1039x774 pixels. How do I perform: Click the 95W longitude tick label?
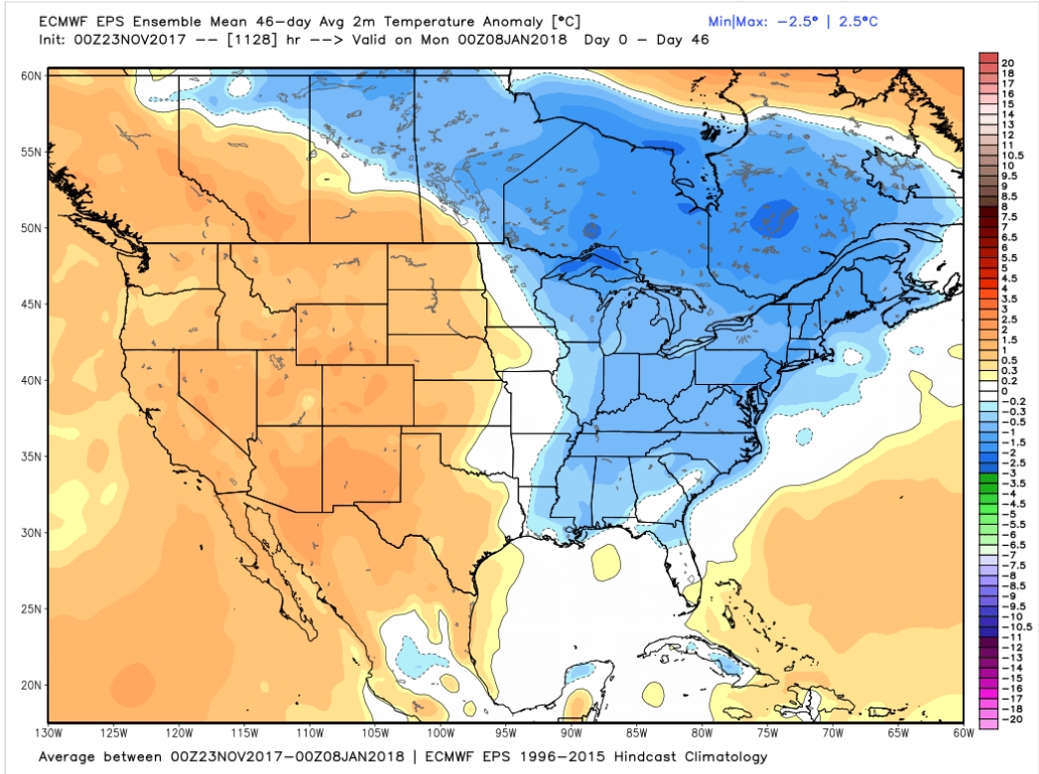pos(506,733)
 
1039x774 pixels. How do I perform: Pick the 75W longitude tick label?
pos(767,733)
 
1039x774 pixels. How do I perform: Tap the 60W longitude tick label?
pos(961,733)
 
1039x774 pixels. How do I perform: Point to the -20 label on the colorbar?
pos(1010,718)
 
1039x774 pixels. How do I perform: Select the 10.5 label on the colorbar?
pos(1012,156)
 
